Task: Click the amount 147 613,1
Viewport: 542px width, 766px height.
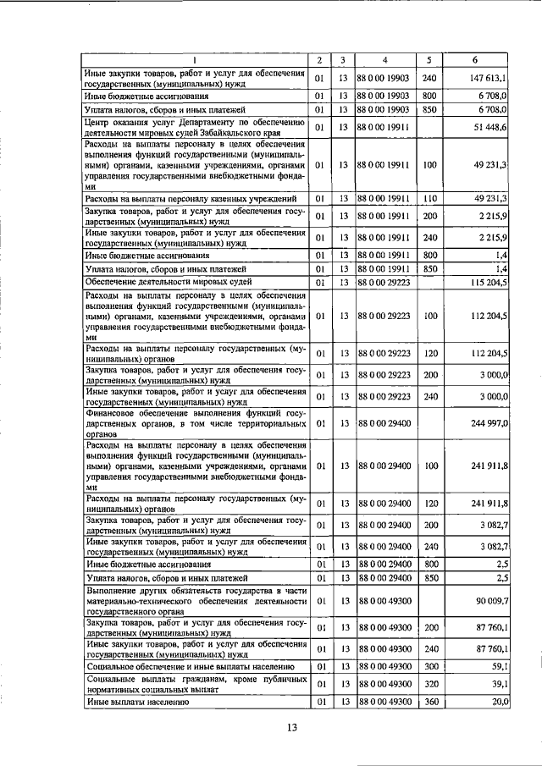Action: pos(485,78)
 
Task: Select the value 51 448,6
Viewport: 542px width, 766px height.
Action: pos(488,126)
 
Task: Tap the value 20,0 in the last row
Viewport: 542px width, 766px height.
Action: pos(498,701)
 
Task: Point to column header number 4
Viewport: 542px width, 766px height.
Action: pos(384,60)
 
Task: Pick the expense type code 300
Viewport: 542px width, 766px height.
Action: pos(429,665)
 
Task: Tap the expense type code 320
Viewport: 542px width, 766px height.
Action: pos(429,683)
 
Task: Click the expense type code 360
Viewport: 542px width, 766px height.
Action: pos(429,701)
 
